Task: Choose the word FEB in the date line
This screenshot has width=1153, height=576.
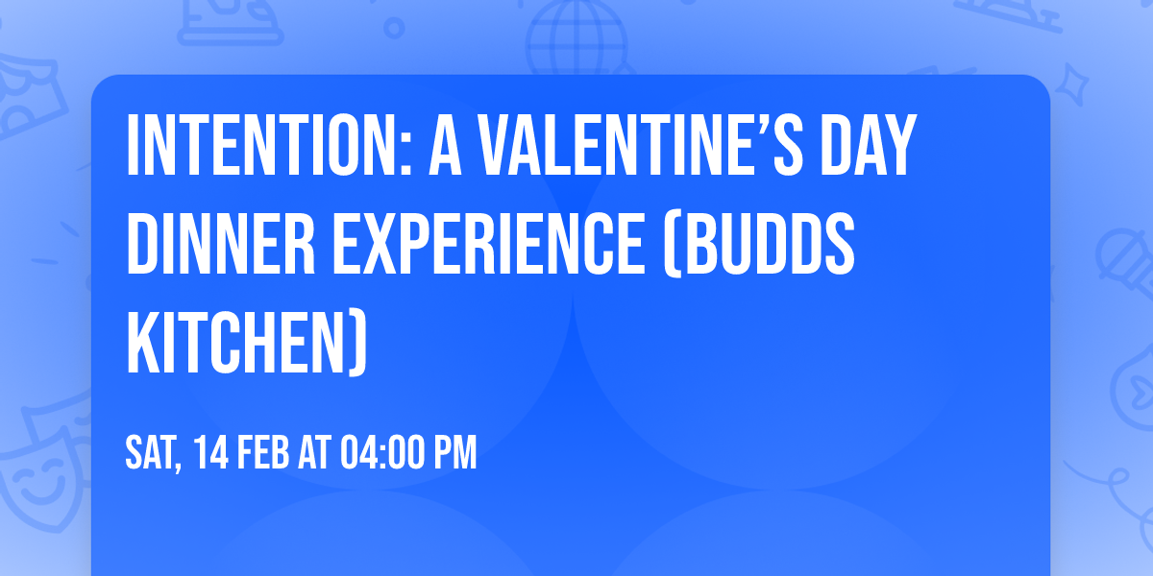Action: [x=265, y=453]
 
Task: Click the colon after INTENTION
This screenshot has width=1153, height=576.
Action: [x=407, y=154]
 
